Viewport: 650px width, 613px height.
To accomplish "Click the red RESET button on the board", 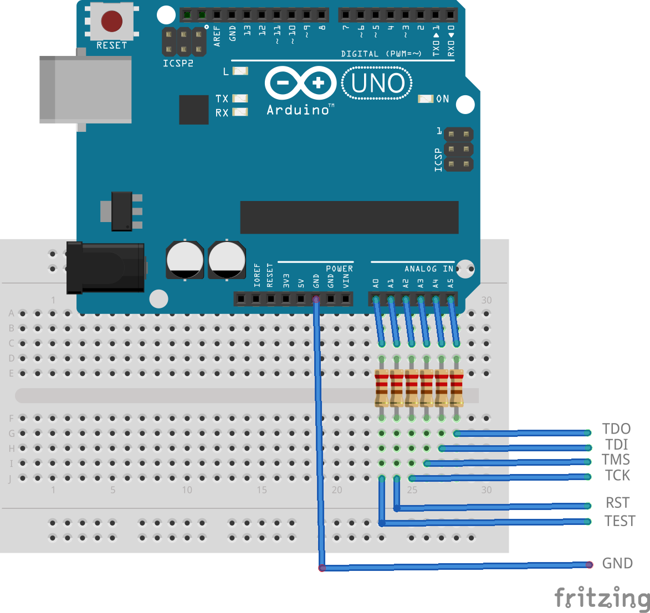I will click(111, 22).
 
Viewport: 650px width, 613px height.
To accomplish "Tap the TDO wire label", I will click(616, 429).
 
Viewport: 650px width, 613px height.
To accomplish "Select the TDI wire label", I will click(617, 445).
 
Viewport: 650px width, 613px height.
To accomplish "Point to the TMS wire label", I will click(616, 460).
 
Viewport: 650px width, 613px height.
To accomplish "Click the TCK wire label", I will click(617, 475).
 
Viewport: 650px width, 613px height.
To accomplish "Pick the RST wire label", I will click(617, 503).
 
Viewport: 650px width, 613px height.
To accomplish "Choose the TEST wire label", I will click(620, 521).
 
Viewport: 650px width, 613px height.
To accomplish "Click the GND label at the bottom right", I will click(617, 563).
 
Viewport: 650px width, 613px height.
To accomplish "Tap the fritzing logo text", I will click(602, 598).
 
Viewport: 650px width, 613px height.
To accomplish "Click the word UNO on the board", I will click(377, 84).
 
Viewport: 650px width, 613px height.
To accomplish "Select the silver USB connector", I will click(85, 89).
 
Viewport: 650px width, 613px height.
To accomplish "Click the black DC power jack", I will click(105, 267).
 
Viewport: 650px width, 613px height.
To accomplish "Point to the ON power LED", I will click(425, 99).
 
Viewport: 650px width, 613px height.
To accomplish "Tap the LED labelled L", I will click(240, 71).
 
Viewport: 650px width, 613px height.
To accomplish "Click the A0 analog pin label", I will click(376, 283).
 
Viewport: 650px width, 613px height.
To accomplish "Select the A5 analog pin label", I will click(451, 283).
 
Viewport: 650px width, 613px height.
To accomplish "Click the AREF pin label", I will click(217, 36).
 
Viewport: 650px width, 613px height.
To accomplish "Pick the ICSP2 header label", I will click(178, 63).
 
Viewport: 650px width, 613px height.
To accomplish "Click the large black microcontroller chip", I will click(349, 217).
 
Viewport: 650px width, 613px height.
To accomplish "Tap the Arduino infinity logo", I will click(300, 84).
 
